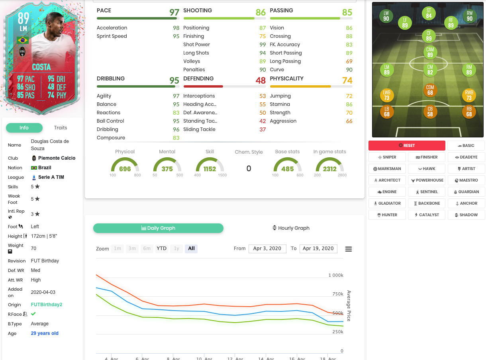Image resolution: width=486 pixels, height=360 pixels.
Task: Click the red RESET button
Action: coord(407,145)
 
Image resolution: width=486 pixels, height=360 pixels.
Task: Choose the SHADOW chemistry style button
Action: coord(466,215)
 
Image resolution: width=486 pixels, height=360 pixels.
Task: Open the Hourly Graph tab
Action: coord(291,228)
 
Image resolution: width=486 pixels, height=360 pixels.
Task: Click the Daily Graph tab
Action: coord(158,228)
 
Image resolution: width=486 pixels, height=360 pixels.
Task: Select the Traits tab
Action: coord(61,128)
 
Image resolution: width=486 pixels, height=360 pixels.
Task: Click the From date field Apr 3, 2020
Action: coord(267,248)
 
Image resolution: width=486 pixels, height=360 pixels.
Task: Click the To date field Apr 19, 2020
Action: coord(318,248)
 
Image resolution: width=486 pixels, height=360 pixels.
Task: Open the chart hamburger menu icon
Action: coord(349,249)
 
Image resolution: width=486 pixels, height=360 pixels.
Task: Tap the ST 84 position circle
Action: coord(429,14)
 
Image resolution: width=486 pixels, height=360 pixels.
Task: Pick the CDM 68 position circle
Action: coord(430,90)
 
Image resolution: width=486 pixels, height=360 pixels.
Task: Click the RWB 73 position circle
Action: coord(469,95)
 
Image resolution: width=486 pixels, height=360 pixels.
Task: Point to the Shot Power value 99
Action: coord(263,45)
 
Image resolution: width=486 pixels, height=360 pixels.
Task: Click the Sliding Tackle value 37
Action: coord(263,129)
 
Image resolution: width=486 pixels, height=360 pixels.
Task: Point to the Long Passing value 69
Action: coord(349,61)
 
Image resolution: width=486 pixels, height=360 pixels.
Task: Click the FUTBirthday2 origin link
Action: coord(47,305)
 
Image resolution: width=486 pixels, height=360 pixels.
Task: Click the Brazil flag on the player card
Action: coord(22,40)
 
